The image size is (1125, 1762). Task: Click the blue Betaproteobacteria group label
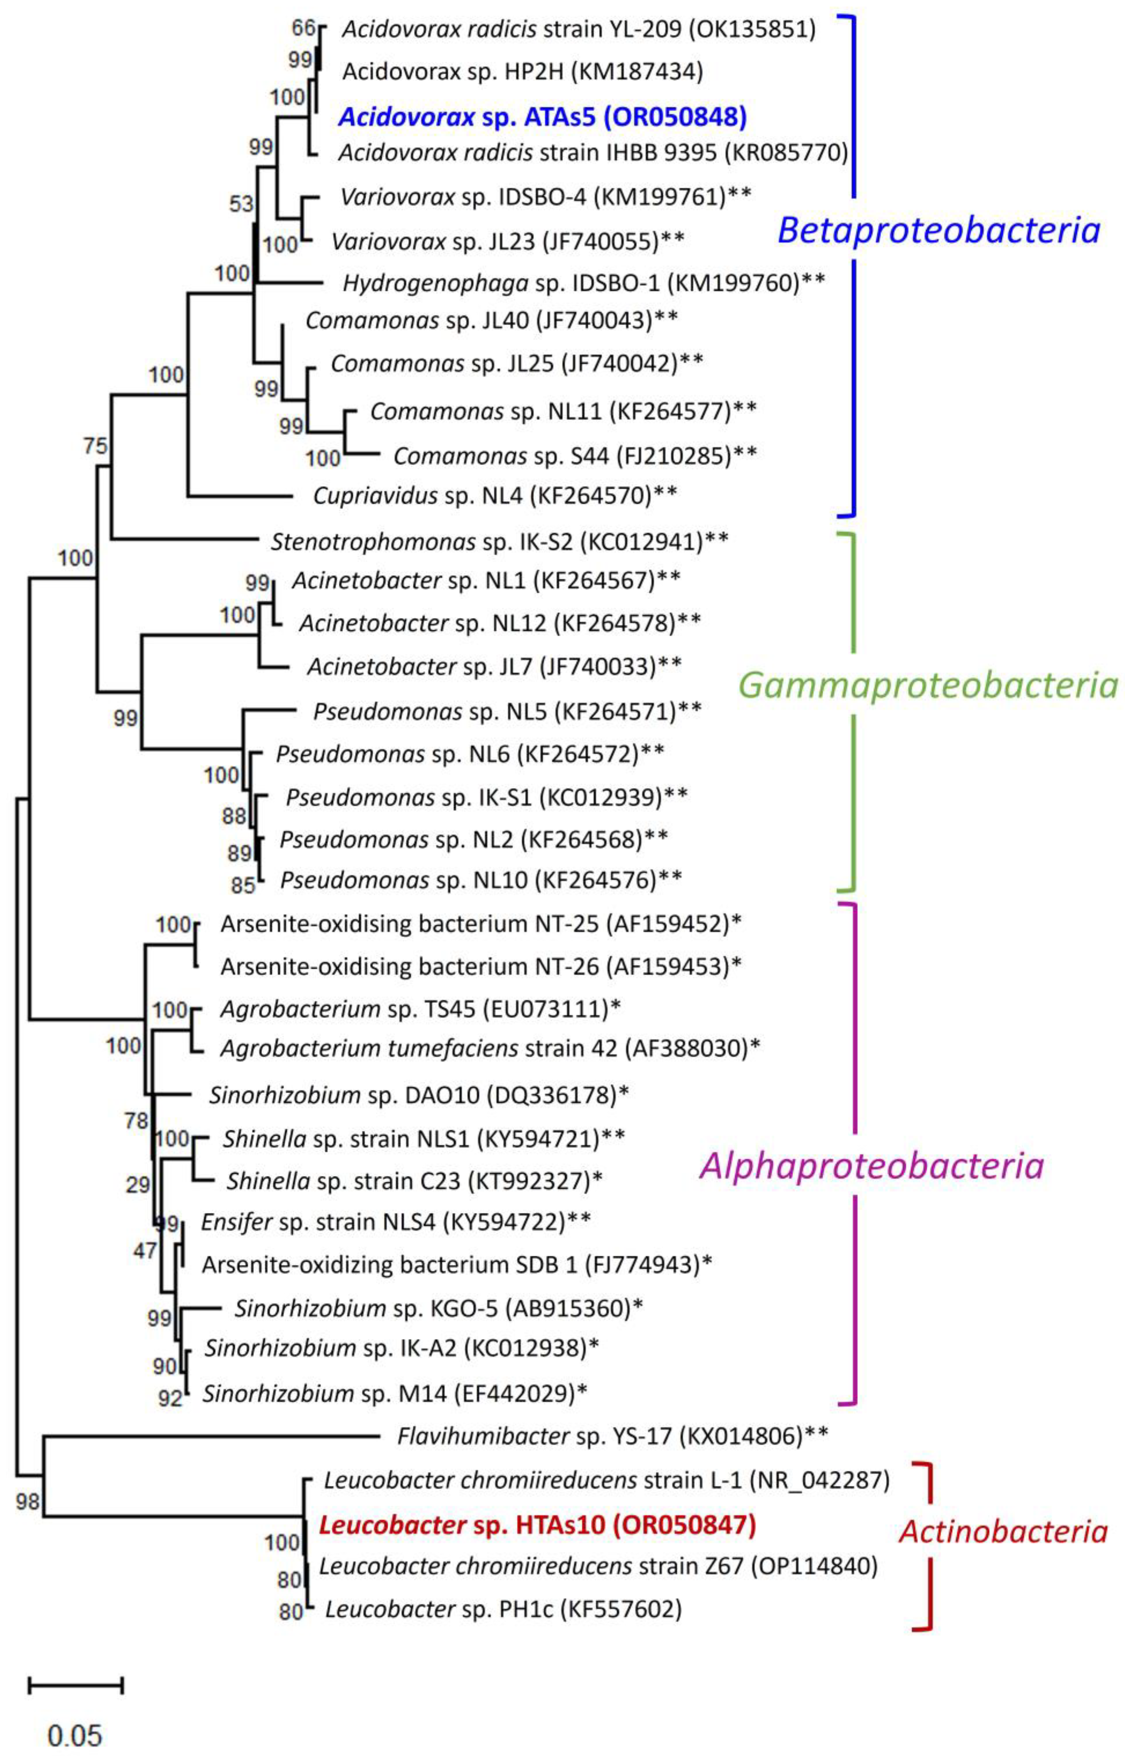tap(938, 230)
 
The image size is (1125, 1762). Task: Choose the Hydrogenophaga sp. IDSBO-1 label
tap(584, 282)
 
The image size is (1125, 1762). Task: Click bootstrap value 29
tap(138, 1184)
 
